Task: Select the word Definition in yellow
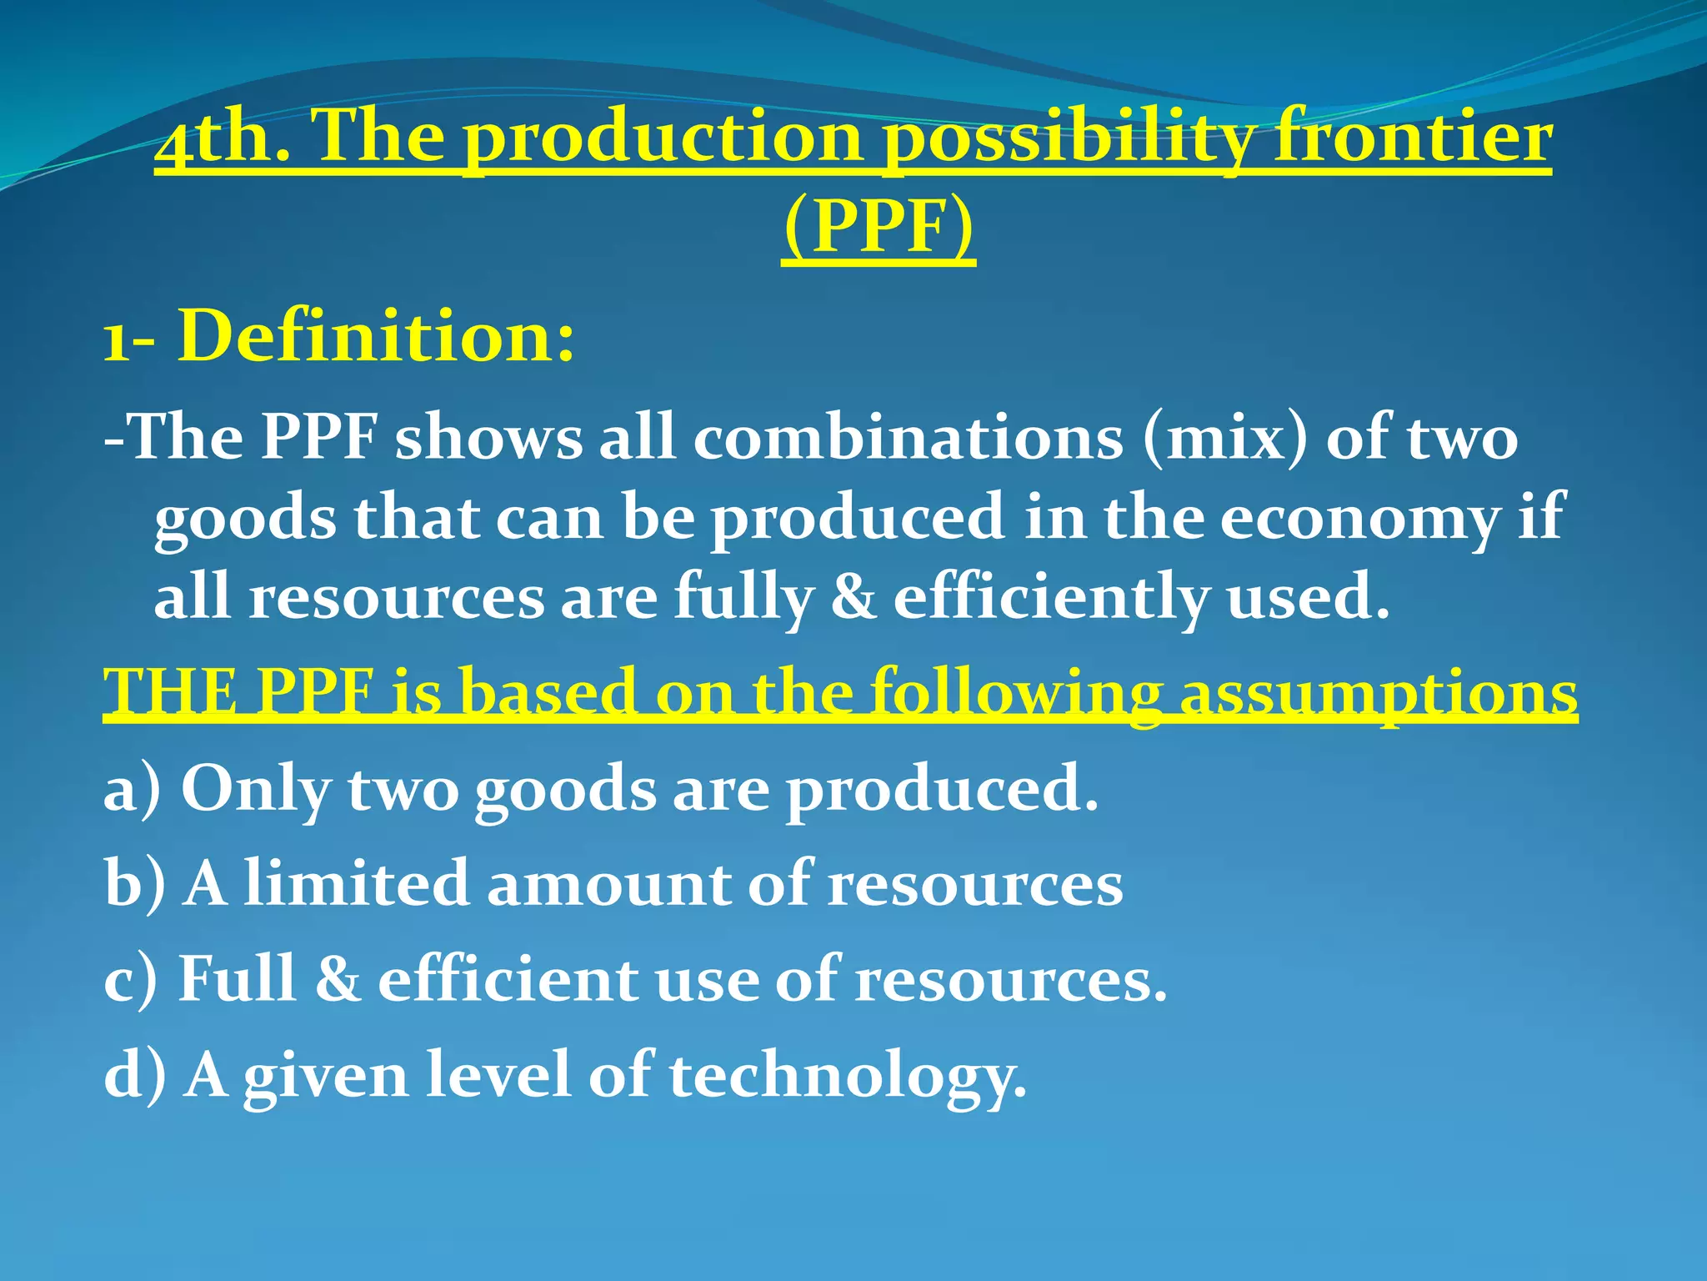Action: pos(376,337)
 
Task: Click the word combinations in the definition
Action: pos(908,438)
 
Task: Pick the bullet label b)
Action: pos(135,883)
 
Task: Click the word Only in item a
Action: pos(255,788)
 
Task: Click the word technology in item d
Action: pos(847,1076)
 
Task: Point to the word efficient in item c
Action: pos(508,979)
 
